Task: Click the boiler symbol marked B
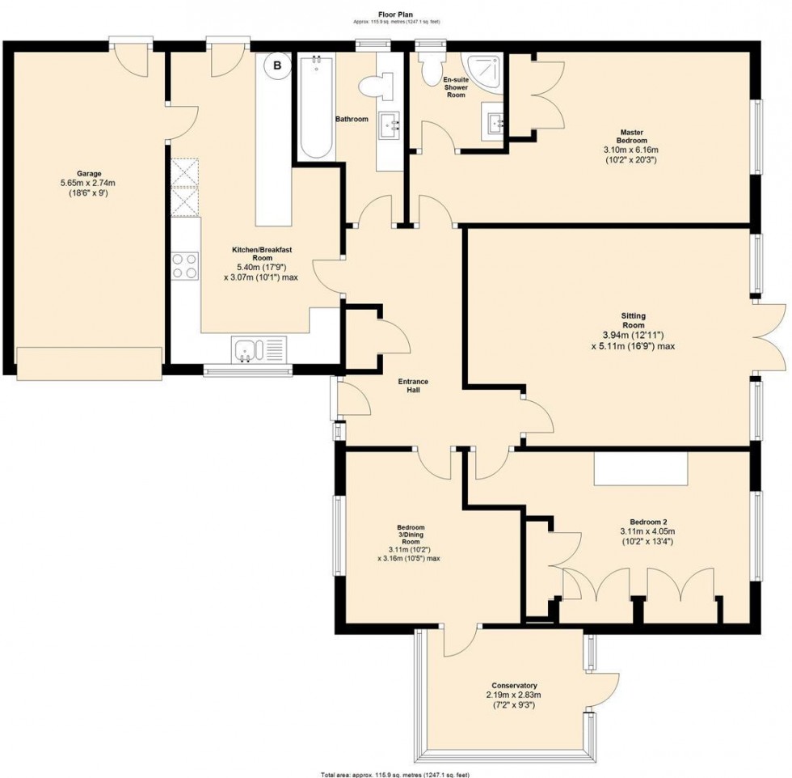(x=277, y=66)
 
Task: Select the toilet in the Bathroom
(x=377, y=86)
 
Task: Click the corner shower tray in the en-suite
(x=484, y=74)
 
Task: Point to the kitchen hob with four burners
(x=185, y=266)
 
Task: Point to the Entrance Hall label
(x=413, y=386)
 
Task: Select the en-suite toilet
(x=431, y=71)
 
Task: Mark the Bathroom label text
(x=352, y=120)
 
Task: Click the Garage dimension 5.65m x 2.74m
(x=89, y=183)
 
